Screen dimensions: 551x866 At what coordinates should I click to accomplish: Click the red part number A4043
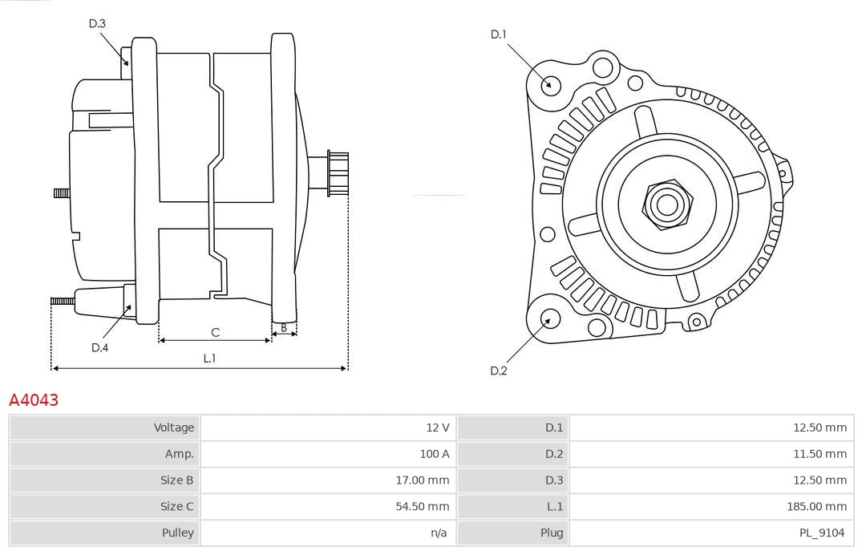(34, 399)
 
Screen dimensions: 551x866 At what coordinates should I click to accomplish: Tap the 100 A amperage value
(434, 454)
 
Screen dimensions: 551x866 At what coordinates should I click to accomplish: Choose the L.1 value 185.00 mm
(816, 507)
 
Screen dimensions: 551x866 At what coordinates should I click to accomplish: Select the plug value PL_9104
(822, 533)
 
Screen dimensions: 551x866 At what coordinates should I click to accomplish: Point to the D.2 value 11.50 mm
(819, 454)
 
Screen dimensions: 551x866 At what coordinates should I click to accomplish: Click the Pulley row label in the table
(179, 533)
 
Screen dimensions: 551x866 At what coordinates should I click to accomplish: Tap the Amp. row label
(179, 454)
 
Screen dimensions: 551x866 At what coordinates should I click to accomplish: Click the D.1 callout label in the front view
(499, 34)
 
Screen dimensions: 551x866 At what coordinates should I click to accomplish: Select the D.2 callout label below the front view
(499, 371)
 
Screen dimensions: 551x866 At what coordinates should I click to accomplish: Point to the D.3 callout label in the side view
(97, 23)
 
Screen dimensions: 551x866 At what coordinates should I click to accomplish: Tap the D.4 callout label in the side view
(99, 347)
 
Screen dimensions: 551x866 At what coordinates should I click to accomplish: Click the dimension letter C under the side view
(215, 332)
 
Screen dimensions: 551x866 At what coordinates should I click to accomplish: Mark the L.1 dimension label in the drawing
(209, 359)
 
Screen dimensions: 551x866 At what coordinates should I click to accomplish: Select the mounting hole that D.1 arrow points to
(551, 83)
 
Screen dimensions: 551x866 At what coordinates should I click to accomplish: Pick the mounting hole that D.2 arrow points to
(549, 319)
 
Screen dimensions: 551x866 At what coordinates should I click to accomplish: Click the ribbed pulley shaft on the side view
(337, 173)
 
